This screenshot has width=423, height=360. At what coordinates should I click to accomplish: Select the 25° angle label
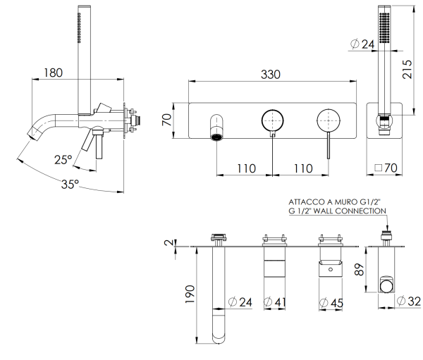63,160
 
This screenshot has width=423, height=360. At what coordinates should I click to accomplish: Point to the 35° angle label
70,185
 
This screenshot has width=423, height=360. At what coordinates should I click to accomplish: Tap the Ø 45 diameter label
331,303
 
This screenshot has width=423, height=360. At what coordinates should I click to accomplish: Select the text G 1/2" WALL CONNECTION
337,210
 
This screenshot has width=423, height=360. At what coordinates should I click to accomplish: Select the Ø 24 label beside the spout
240,303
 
